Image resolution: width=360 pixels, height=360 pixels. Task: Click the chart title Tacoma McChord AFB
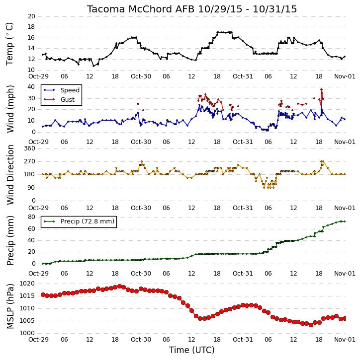click(x=140, y=9)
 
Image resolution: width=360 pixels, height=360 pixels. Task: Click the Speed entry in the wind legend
click(x=70, y=90)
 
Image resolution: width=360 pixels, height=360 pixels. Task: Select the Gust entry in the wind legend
click(x=68, y=100)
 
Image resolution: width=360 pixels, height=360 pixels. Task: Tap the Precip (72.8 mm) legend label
click(x=88, y=221)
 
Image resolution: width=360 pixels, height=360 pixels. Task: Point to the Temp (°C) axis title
click(x=9, y=44)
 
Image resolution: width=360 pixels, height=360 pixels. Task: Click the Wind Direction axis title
click(x=10, y=175)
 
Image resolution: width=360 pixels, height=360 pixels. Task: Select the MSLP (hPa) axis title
click(x=10, y=306)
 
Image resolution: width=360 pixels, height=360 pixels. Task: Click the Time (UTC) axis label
click(x=192, y=350)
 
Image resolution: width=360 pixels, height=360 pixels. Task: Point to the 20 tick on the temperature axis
click(x=31, y=16)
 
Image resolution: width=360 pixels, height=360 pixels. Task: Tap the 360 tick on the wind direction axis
click(x=30, y=148)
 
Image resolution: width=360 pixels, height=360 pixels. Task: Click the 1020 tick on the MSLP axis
click(x=27, y=284)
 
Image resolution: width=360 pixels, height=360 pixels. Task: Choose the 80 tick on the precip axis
click(x=31, y=217)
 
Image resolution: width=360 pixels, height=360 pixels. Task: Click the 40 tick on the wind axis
click(x=31, y=87)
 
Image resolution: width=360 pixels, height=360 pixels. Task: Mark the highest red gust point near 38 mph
click(x=321, y=89)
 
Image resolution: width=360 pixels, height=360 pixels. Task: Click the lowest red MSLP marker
click(x=311, y=325)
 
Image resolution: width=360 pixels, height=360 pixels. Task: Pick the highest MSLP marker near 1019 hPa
click(x=119, y=286)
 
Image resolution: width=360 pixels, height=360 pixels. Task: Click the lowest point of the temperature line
click(x=93, y=66)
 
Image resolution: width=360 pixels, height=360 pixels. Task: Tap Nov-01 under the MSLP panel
click(x=345, y=339)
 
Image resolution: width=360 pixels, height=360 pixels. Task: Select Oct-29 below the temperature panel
click(x=38, y=76)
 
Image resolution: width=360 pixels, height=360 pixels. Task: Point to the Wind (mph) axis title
click(x=10, y=109)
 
